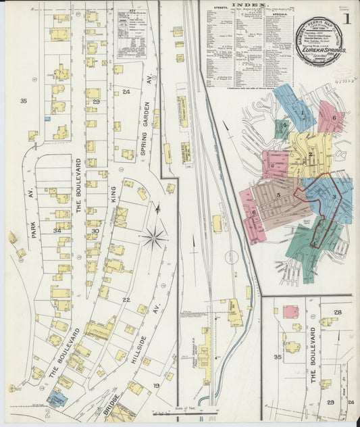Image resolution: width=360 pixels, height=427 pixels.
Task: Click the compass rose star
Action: coord(154,237)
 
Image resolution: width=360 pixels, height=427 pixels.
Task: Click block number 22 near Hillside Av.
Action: coord(126,299)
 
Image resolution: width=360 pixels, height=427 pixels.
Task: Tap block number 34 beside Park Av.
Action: coord(57,231)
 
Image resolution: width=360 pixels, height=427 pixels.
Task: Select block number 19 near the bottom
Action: coord(155,385)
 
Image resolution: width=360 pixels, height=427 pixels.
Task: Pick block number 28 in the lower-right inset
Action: coord(337,311)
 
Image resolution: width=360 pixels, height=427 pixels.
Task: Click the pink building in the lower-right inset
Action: coord(291,312)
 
